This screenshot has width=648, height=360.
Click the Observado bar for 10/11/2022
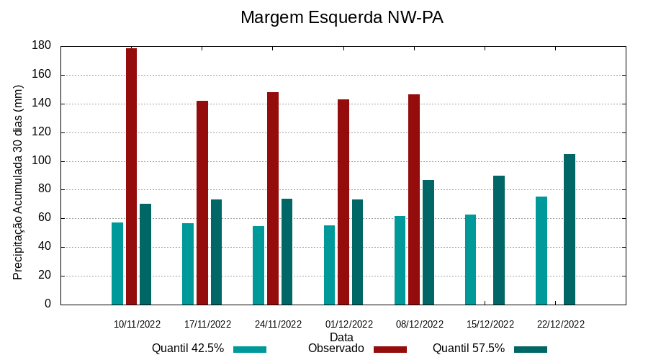[131, 176]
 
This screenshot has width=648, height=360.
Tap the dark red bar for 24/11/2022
[273, 198]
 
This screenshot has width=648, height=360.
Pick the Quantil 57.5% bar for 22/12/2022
[570, 229]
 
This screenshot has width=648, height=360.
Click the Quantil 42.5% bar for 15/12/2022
[470, 259]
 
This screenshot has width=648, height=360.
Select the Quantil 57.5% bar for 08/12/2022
[428, 242]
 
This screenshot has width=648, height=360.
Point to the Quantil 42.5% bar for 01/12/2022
[329, 265]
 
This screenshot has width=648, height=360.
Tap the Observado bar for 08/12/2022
[414, 199]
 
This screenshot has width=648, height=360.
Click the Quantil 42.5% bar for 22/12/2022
[541, 251]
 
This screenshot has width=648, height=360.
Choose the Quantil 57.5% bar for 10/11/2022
[145, 254]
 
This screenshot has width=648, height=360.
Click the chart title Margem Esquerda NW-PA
[341, 17]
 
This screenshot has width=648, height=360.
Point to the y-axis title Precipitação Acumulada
[18, 182]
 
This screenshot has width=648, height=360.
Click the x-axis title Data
[341, 336]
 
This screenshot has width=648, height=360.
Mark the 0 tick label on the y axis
[48, 305]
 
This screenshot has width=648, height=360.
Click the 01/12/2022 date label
[348, 324]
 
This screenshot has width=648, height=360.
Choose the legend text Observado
[336, 348]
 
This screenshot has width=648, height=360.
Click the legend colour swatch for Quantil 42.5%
[250, 349]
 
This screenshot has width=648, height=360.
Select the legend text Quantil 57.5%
[469, 348]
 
